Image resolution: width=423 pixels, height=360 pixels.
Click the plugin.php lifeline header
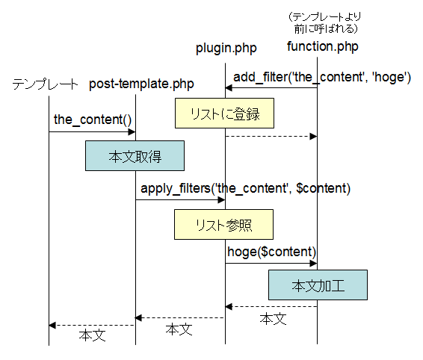point(226,49)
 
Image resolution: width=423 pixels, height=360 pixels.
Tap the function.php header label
point(323,46)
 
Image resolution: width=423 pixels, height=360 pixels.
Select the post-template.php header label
point(141,84)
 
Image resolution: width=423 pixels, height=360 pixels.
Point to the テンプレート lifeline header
point(45,84)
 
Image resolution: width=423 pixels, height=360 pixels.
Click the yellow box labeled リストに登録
point(224,113)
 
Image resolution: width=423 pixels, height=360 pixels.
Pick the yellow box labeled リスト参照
point(223,224)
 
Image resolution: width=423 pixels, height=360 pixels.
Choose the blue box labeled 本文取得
point(135,155)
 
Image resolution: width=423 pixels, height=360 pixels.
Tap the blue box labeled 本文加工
point(318,285)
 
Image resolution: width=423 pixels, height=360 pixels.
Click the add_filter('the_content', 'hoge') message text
point(322,77)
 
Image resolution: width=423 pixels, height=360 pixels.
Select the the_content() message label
point(93,120)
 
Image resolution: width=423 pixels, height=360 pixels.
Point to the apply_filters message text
point(245,188)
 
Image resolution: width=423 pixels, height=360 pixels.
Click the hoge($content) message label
point(271,252)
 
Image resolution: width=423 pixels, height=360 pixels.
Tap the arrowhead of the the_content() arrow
point(132,132)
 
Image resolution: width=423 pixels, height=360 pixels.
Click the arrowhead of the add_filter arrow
point(229,87)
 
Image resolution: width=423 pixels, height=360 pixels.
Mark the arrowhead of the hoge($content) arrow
point(313,264)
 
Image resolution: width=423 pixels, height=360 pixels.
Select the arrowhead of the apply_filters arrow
point(222,200)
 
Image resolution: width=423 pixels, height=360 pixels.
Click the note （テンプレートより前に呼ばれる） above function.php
point(325,23)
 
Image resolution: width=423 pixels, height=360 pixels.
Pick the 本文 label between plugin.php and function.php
point(273,319)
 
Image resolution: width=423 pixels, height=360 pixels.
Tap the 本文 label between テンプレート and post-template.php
point(92,335)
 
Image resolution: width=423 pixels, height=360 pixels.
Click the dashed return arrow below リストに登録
point(271,136)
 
